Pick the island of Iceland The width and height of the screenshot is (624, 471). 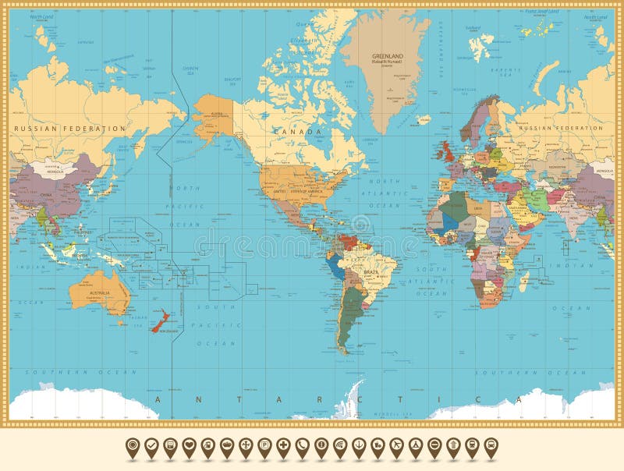tap(423, 120)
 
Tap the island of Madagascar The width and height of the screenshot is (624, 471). tap(526, 276)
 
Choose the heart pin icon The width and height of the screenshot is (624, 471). tap(189, 445)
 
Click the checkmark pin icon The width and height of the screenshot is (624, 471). tap(151, 445)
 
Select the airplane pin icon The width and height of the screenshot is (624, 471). tap(395, 445)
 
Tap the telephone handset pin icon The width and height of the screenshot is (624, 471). tap(302, 445)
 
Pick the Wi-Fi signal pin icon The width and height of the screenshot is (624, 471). tap(339, 445)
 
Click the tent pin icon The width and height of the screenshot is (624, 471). tap(414, 445)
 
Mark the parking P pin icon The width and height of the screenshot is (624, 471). tap(264, 445)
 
